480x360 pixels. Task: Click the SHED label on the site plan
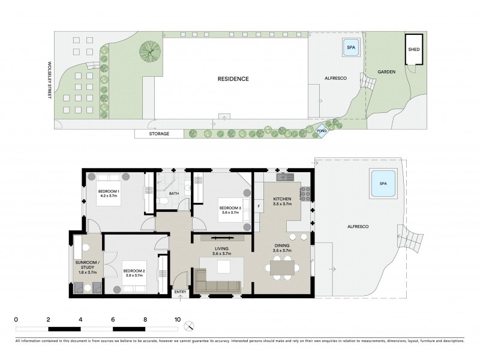click(414, 50)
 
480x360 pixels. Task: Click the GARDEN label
click(386, 71)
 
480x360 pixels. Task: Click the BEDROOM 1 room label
click(109, 193)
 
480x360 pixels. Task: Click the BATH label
click(174, 194)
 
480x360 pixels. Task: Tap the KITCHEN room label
click(282, 200)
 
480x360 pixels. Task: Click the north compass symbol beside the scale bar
click(190, 326)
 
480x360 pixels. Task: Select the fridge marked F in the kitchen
click(259, 207)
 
